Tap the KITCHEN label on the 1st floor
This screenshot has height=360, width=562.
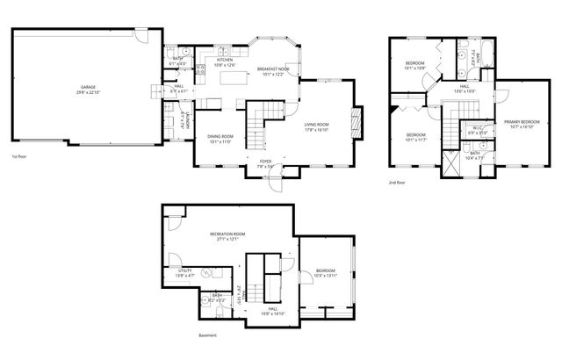225,60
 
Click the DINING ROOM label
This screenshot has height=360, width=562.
220,136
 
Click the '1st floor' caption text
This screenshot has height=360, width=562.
20,156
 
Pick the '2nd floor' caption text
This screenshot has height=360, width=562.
398,183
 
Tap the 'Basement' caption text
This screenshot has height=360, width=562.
208,335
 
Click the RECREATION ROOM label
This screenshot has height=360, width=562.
227,234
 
